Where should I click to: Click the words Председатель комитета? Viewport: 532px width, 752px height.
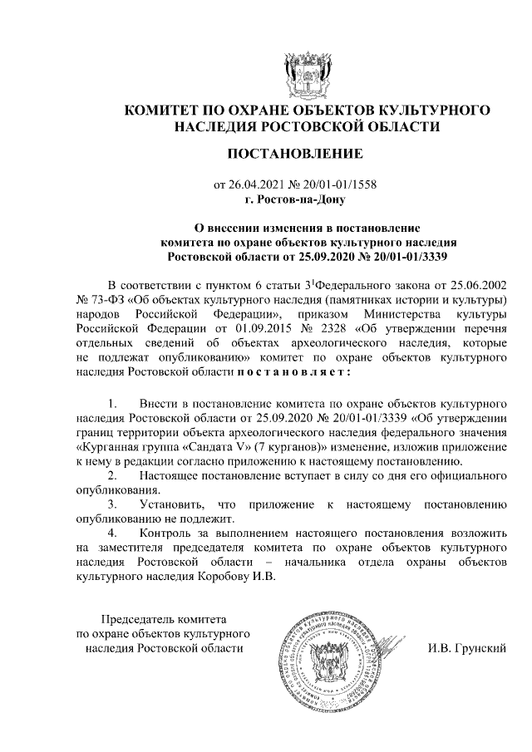[x=163, y=619]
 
